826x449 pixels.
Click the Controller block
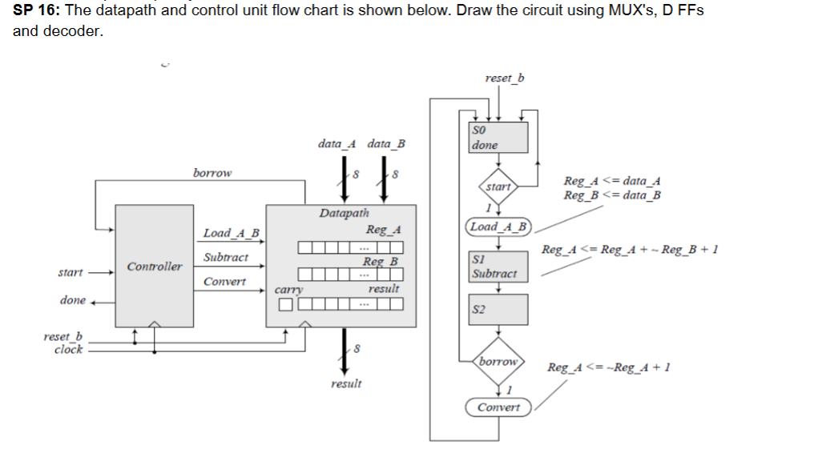[154, 266]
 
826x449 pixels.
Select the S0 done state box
[498, 138]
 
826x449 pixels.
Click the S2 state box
[498, 310]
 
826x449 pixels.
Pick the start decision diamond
[498, 186]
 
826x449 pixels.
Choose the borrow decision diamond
[498, 362]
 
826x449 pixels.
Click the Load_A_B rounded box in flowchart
[498, 227]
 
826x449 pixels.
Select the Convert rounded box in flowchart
[498, 407]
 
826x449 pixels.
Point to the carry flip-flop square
[285, 304]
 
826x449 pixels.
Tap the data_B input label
[386, 144]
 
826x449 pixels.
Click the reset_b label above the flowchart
[505, 78]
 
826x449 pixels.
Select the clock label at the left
[68, 350]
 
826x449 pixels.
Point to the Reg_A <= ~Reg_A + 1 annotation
[608, 367]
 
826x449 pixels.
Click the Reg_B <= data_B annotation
[612, 194]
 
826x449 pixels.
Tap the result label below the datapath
[346, 383]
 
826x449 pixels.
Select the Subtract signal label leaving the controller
[226, 258]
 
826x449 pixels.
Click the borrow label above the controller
[212, 172]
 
